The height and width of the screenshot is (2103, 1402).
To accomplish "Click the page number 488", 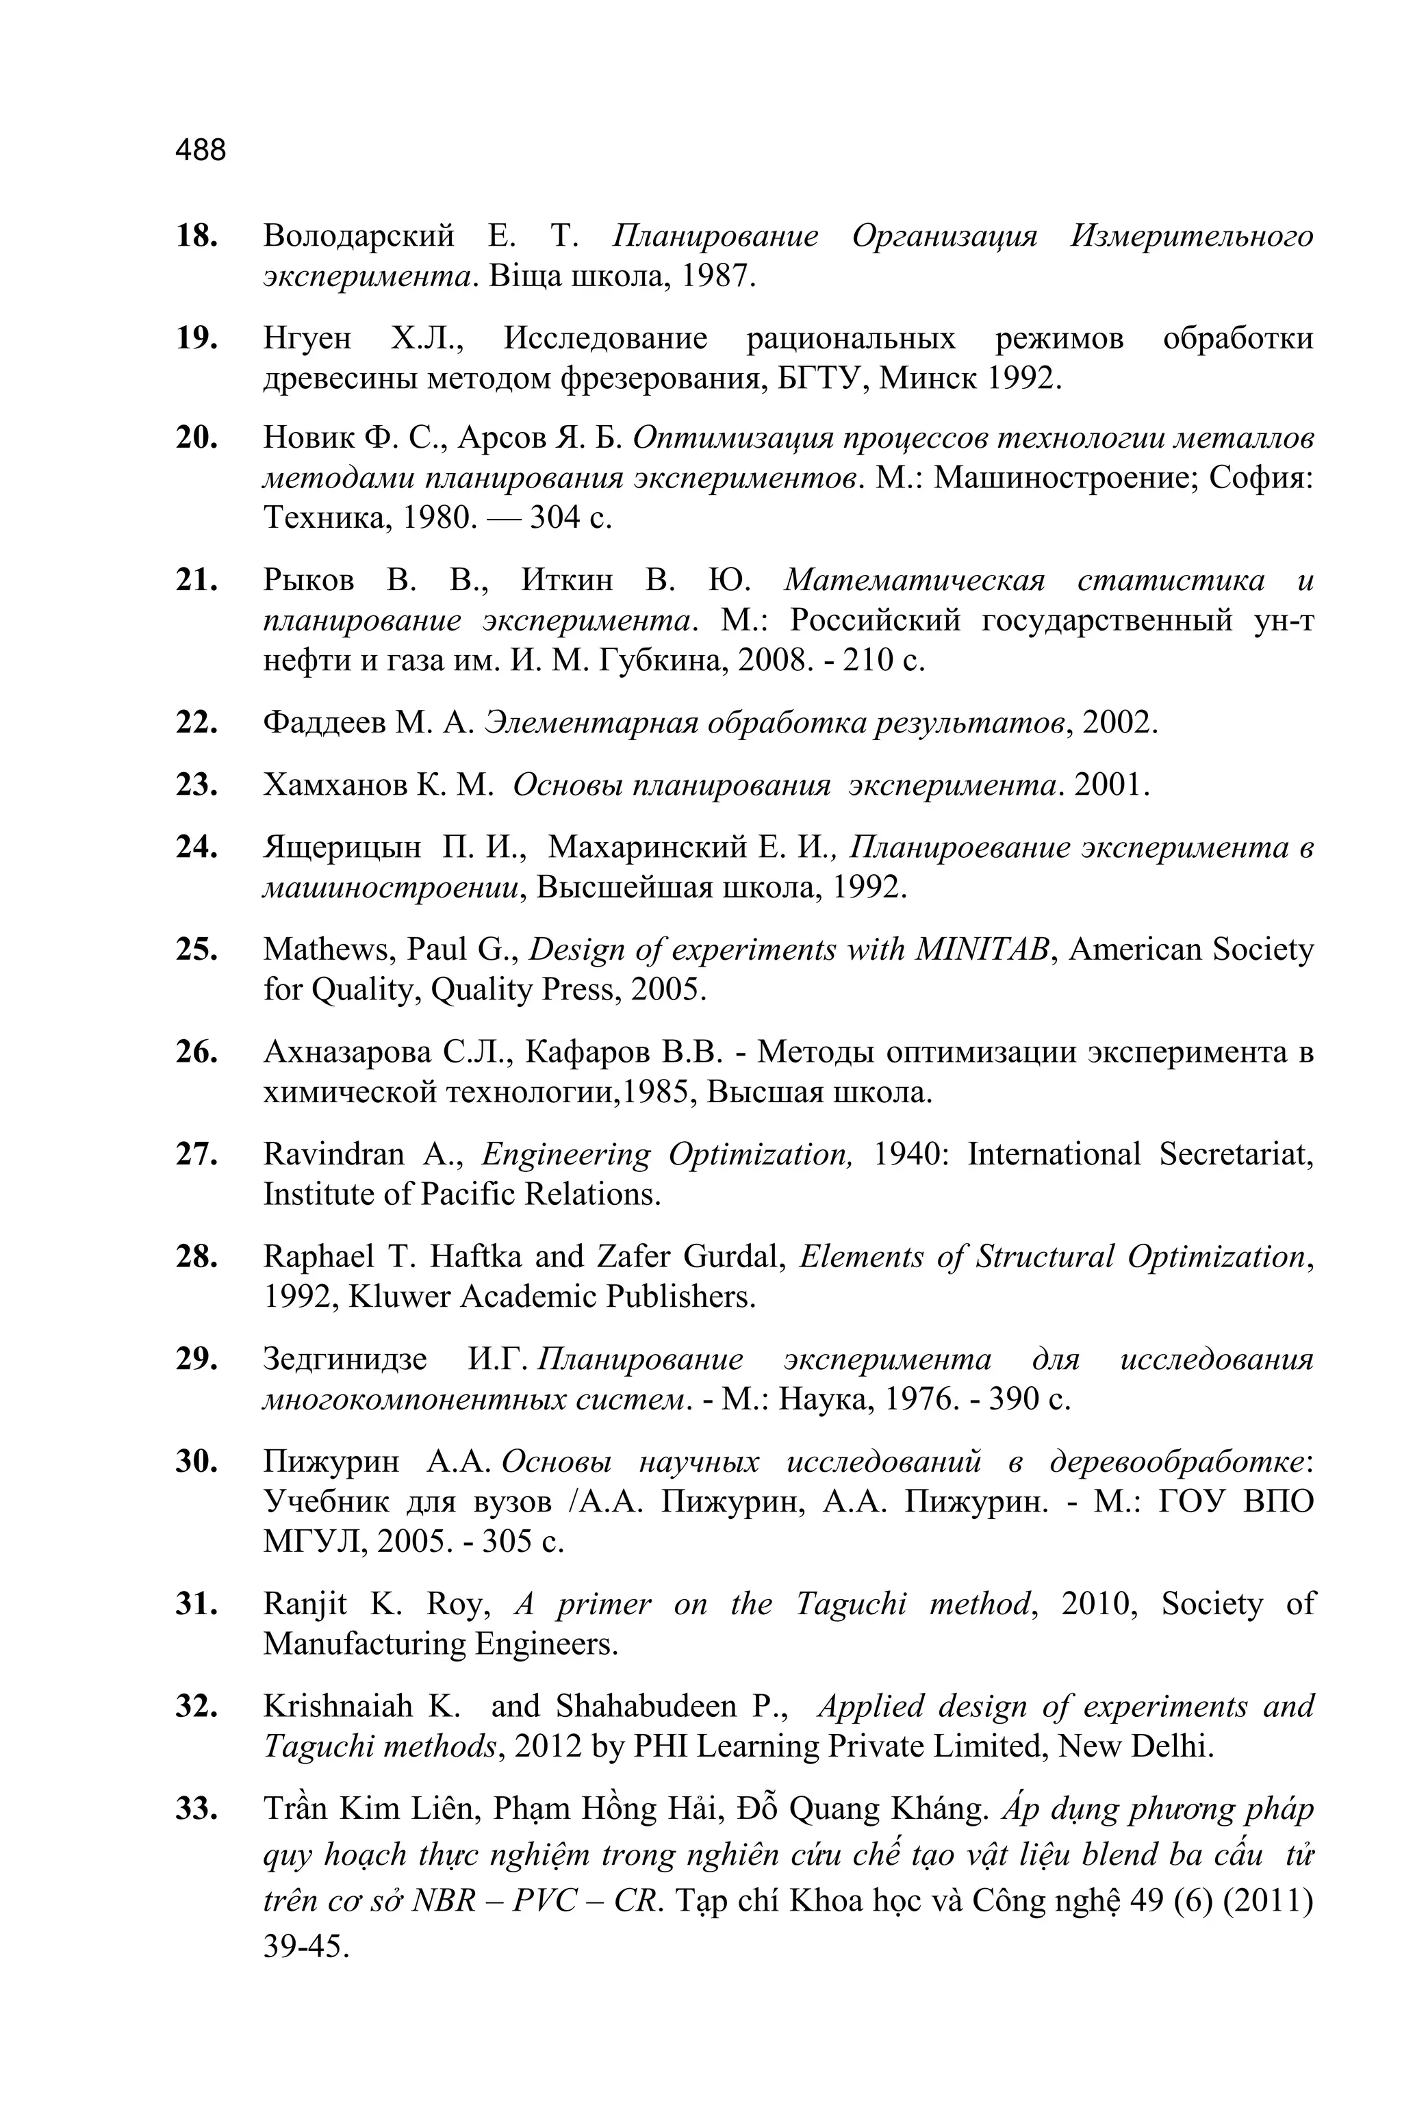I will [201, 150].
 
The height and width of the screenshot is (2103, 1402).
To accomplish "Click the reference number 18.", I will [196, 237].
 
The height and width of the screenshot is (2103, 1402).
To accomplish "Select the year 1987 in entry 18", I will [718, 277].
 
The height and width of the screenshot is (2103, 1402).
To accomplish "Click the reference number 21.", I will [196, 581].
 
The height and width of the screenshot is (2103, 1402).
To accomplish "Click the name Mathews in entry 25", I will [330, 949].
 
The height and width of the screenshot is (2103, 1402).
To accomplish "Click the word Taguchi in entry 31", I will [850, 1604].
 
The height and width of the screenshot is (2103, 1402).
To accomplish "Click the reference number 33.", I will [196, 1809].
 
